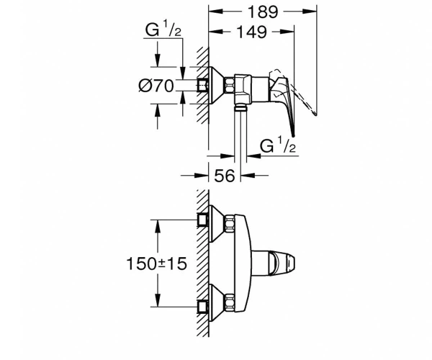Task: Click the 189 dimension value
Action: (263, 12)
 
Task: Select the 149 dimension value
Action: (252, 32)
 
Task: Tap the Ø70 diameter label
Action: (156, 86)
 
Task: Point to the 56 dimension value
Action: (225, 176)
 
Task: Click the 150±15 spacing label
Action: (156, 264)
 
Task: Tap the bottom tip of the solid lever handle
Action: (294, 135)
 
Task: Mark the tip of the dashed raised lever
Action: (315, 113)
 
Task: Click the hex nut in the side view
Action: (230, 86)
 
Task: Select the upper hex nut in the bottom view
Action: (230, 224)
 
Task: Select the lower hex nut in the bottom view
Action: (230, 302)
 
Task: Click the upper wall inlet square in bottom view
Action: (203, 220)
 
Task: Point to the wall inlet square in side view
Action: (203, 86)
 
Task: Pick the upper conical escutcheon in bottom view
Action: (217, 224)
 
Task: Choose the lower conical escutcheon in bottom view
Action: (217, 302)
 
